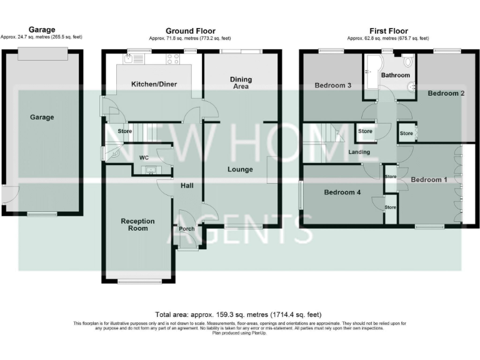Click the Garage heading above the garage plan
(42, 29)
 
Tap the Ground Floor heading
(190, 31)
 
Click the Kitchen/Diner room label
(151, 84)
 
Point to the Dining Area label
(241, 82)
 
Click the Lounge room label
(240, 169)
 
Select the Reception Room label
(137, 225)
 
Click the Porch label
(186, 229)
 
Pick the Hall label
(187, 186)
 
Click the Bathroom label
(396, 75)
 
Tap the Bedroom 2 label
(446, 93)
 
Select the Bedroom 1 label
(429, 179)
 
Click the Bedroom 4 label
(342, 192)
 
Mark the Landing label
(359, 152)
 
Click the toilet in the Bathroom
(408, 61)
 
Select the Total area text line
(239, 314)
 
